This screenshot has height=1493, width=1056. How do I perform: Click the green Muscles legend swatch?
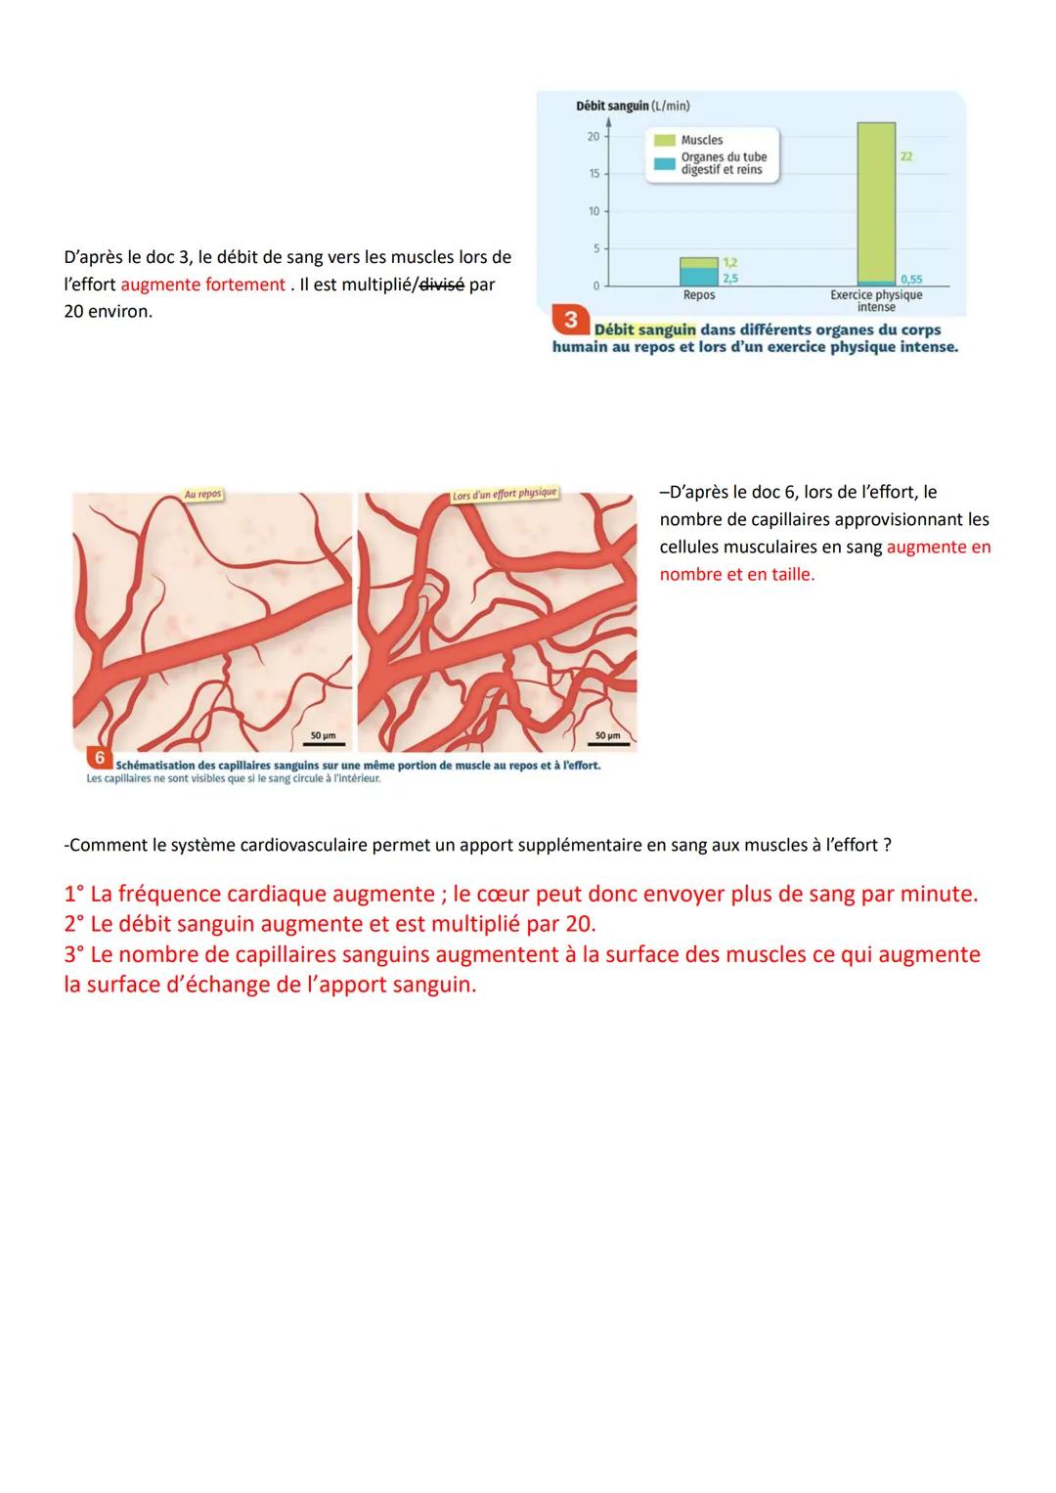point(665,141)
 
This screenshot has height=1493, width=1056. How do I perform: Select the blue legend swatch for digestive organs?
point(665,163)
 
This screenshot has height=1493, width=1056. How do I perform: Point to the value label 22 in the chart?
point(906,156)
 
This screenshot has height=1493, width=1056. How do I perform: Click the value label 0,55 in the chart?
point(910,280)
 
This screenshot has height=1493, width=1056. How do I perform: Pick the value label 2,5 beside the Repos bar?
point(729,278)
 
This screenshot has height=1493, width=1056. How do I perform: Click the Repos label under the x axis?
point(699,295)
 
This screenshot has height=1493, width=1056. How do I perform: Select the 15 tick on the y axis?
point(594,174)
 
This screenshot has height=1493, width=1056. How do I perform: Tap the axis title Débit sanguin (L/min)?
point(633,106)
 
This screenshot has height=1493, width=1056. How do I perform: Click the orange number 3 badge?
point(570,320)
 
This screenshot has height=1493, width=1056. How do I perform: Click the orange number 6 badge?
point(99,758)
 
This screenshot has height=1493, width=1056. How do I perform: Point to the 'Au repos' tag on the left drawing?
point(202,495)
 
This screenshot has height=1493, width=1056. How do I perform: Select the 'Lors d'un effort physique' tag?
point(504,494)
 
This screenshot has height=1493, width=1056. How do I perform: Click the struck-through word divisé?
point(441,285)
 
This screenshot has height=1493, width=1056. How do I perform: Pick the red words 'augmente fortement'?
point(203,285)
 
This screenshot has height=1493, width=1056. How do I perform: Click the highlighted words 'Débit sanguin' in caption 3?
point(644,329)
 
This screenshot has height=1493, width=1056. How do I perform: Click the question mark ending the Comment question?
point(887,845)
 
